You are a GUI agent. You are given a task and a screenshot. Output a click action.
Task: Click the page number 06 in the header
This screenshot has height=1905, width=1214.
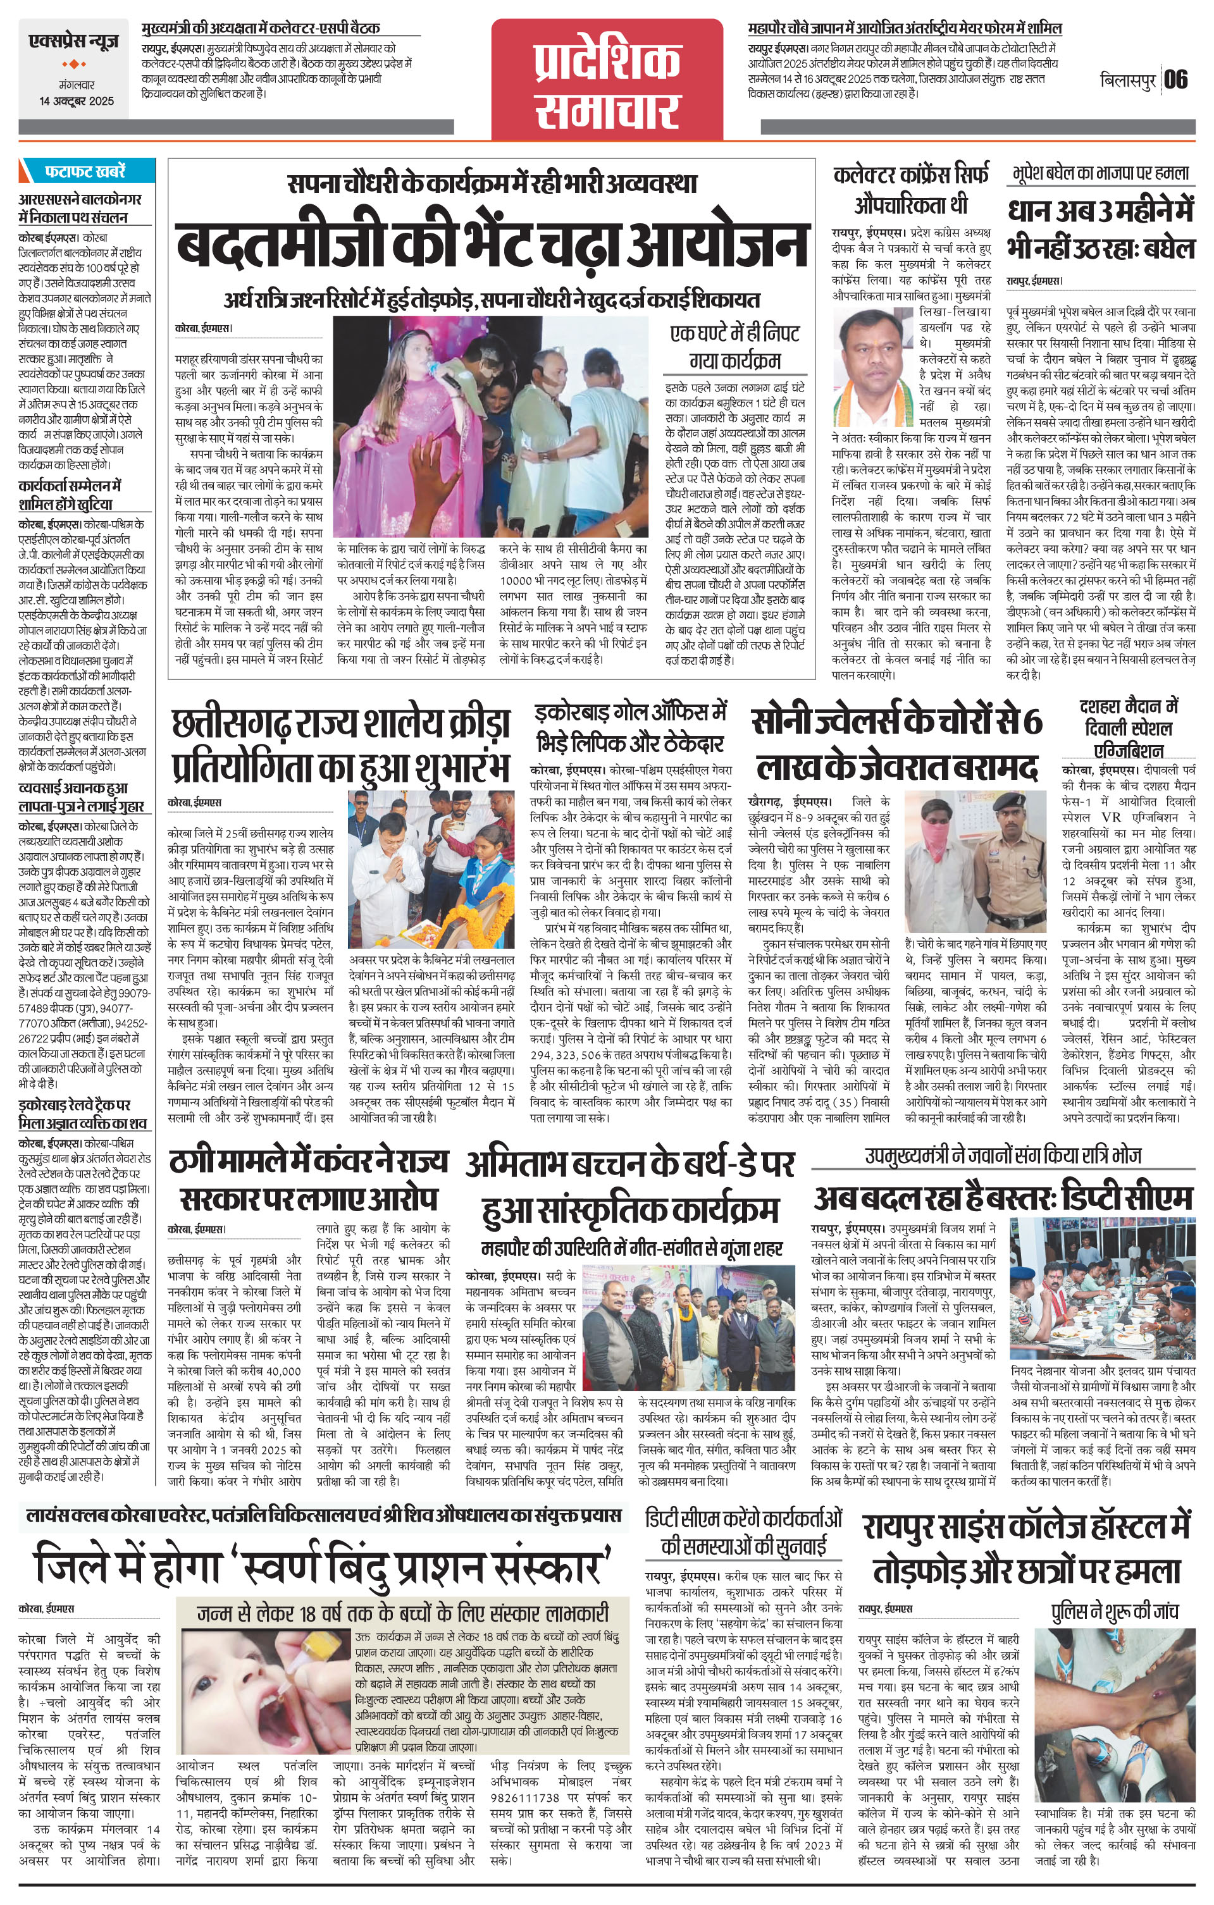tap(1176, 80)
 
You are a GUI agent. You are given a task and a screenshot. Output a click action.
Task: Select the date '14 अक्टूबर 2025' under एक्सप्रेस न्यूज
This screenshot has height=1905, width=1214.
tap(77, 101)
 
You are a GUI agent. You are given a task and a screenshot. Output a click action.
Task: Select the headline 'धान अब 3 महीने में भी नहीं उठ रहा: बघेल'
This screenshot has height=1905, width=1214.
tap(1101, 230)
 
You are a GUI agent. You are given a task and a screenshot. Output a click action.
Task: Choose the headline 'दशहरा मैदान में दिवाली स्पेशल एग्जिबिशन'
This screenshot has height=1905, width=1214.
tap(1128, 728)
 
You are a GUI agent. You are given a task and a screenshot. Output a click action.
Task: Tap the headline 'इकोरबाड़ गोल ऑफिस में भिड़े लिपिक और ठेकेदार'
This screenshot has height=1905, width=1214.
tap(630, 728)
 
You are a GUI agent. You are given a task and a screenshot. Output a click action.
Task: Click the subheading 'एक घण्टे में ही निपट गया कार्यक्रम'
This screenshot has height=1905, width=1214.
tap(734, 346)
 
